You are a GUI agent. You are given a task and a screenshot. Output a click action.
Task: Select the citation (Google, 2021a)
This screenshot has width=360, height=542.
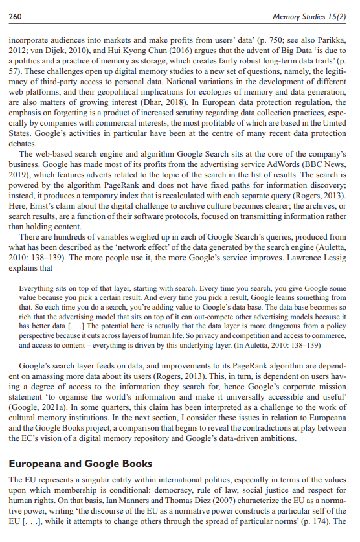click(x=41, y=401)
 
